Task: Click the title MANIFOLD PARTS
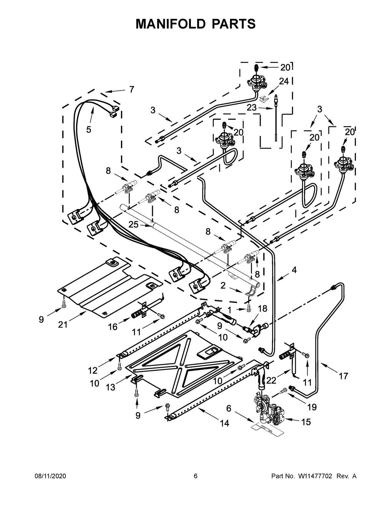(195, 24)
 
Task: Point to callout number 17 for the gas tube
(343, 376)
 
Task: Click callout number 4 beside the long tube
(294, 270)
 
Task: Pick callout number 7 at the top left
(131, 89)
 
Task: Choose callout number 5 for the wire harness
(89, 129)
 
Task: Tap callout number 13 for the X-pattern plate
(110, 387)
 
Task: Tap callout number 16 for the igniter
(113, 326)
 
